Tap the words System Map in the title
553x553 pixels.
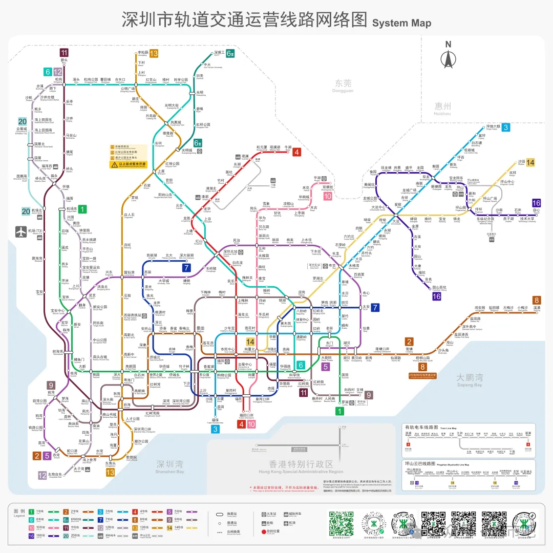pyautogui.click(x=402, y=23)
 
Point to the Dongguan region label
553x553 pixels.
pyautogui.click(x=344, y=86)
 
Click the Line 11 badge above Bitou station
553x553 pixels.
pyautogui.click(x=64, y=52)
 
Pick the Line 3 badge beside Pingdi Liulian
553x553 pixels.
pyautogui.click(x=505, y=127)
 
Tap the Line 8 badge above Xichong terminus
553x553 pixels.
pyautogui.click(x=537, y=300)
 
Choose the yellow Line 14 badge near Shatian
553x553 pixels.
pyautogui.click(x=530, y=162)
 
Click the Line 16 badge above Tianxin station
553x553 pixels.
pyautogui.click(x=536, y=203)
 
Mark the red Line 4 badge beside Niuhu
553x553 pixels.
pyautogui.click(x=297, y=152)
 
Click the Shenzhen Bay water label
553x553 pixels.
pyautogui.click(x=170, y=467)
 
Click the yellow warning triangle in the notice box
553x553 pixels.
pyautogui.click(x=114, y=165)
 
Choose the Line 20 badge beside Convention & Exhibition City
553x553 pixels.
pyautogui.click(x=23, y=121)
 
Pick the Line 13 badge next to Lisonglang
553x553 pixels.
pyautogui.click(x=154, y=53)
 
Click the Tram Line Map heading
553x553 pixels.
pyautogui.click(x=421, y=427)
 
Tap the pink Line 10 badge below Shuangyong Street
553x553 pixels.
pyautogui.click(x=327, y=196)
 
